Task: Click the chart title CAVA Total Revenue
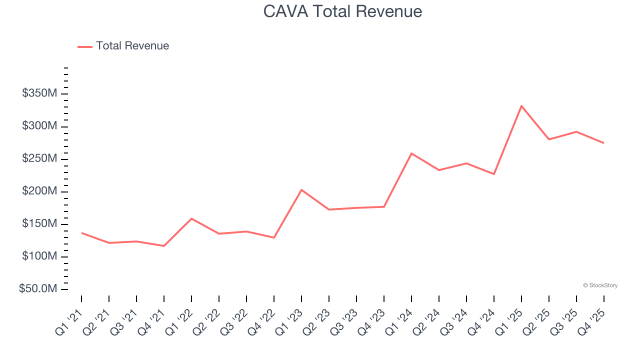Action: pos(342,11)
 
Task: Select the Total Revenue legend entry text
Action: pos(132,46)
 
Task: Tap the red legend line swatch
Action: pos(85,46)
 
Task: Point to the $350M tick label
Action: pos(39,93)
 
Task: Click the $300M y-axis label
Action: pos(39,126)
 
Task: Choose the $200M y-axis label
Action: pos(39,191)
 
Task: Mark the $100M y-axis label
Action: pos(39,256)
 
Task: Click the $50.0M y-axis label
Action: pos(38,289)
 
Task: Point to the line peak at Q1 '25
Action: pos(521,106)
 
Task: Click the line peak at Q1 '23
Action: pos(301,190)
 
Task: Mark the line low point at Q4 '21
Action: pos(164,245)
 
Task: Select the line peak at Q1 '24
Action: pos(411,153)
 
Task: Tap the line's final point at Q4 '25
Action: pos(603,143)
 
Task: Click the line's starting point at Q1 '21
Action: pos(81,233)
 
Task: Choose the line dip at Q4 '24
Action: pos(494,174)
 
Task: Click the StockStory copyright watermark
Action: pos(600,285)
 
